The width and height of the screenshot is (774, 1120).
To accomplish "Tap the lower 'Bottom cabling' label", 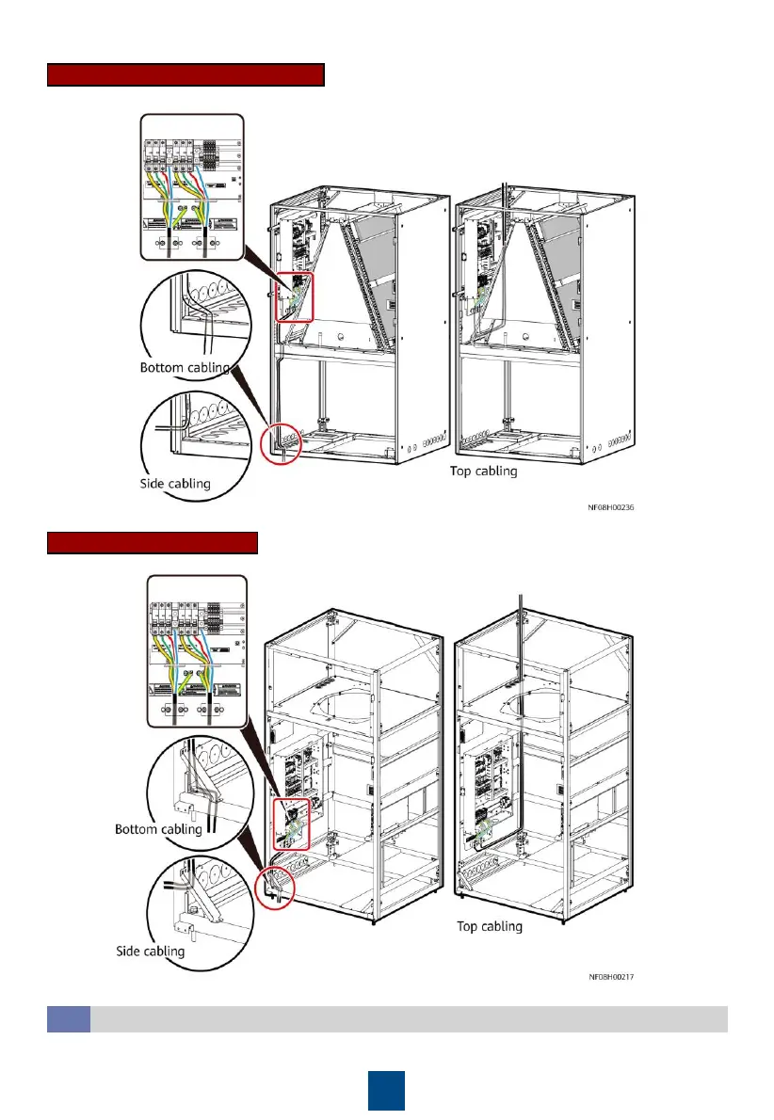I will pos(158,829).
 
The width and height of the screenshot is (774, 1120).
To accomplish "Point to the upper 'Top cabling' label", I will pos(483,471).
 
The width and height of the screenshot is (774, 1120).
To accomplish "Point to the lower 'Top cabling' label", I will pos(490,927).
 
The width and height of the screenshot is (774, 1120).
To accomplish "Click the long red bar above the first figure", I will pos(185,75).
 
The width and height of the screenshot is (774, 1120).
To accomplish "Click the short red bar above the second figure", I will pos(153,543).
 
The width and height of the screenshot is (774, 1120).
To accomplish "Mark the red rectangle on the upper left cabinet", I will pos(292,294).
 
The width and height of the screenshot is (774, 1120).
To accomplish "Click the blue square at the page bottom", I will pos(386,1089).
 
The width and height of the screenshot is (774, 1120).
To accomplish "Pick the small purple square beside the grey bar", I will pos(69,1018).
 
